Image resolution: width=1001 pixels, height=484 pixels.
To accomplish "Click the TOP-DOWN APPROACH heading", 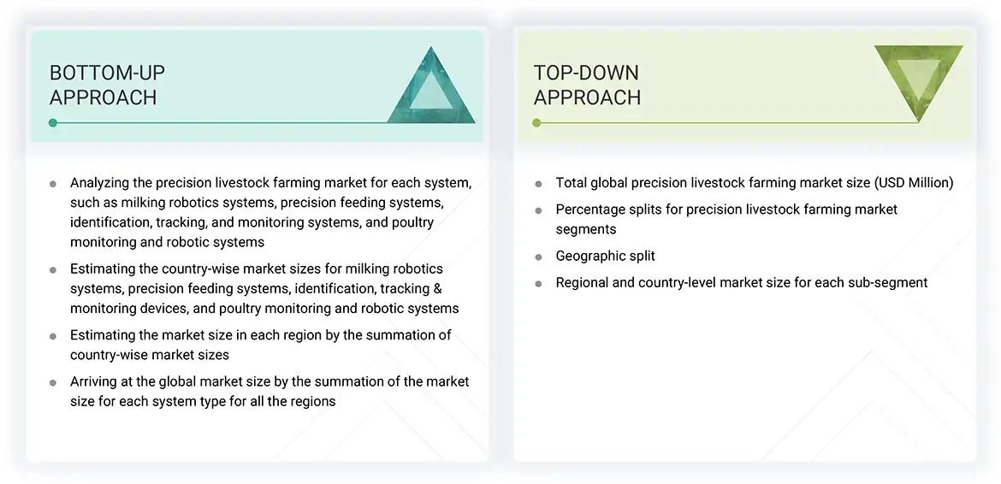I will pyautogui.click(x=587, y=85).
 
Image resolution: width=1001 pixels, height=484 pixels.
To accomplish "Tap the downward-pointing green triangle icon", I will pyautogui.click(x=918, y=80).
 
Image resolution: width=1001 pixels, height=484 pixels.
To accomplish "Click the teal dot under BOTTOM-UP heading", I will pyautogui.click(x=53, y=123).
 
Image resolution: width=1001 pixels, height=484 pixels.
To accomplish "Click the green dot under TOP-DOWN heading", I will pyautogui.click(x=536, y=123).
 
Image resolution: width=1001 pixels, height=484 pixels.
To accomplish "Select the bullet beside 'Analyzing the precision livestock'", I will pyautogui.click(x=53, y=183).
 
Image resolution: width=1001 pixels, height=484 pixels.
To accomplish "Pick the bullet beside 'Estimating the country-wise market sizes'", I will pyautogui.click(x=53, y=269).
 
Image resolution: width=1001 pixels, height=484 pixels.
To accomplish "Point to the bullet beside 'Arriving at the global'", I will pyautogui.click(x=53, y=382).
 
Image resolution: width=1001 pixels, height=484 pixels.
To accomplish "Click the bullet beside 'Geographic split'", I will pyautogui.click(x=538, y=257).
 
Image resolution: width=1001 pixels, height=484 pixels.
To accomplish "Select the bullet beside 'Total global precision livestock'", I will pyautogui.click(x=538, y=183).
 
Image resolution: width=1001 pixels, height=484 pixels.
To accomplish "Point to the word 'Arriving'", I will pyautogui.click(x=95, y=381).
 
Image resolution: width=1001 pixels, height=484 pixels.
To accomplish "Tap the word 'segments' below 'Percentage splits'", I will pyautogui.click(x=586, y=229).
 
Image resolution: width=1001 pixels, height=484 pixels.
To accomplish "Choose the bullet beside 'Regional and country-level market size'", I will pyautogui.click(x=538, y=283).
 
